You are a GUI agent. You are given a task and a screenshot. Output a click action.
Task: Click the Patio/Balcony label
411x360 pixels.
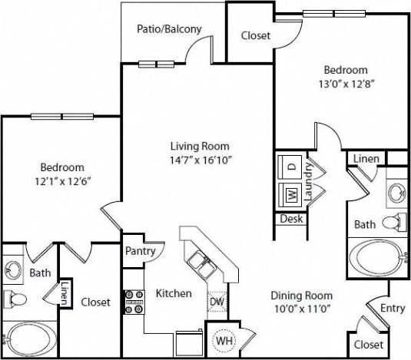click(x=169, y=29)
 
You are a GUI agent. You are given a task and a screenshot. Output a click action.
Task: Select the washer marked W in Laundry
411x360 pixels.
click(x=292, y=193)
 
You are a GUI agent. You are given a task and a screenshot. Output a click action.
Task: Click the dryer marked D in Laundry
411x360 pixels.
click(x=292, y=166)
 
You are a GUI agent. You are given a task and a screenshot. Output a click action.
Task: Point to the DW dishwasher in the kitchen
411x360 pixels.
click(x=217, y=302)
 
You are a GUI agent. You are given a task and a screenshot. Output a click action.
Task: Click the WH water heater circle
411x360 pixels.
click(x=224, y=339)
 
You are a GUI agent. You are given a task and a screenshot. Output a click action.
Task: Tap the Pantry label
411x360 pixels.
click(x=140, y=250)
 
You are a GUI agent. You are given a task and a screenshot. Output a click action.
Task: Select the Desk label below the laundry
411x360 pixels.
click(x=291, y=219)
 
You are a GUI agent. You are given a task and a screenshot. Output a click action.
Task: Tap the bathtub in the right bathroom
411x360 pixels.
click(x=376, y=255)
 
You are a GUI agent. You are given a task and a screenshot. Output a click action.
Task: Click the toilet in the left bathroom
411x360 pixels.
click(x=16, y=299)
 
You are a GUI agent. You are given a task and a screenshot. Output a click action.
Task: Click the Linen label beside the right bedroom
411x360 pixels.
click(x=365, y=158)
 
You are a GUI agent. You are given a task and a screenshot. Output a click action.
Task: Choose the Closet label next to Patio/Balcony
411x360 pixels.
click(x=254, y=35)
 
